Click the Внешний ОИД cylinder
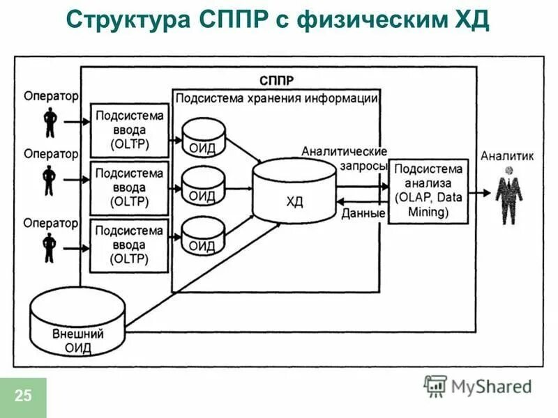77,325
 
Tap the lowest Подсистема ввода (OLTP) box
130,245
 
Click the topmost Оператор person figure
50,123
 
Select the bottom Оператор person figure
50,248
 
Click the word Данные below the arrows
363,214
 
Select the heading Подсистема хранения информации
276,98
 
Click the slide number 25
23,397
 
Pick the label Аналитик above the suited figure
507,157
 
